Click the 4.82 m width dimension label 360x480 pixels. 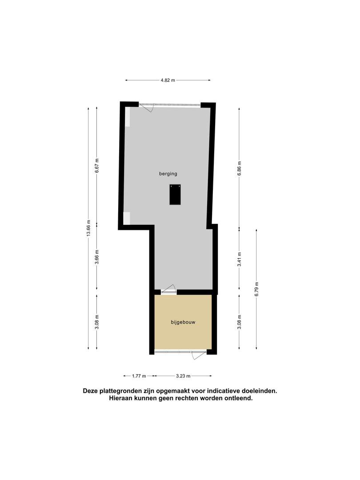click(x=168, y=80)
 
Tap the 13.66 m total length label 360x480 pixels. click(x=88, y=228)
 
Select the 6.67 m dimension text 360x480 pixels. click(x=97, y=166)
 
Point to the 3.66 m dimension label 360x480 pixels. click(x=97, y=259)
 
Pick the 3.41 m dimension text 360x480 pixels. click(x=240, y=259)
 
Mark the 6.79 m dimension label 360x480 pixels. click(x=256, y=289)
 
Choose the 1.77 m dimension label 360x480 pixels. click(x=139, y=376)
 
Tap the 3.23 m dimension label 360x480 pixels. click(x=183, y=376)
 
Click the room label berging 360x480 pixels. click(x=168, y=174)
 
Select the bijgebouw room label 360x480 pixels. click(x=183, y=322)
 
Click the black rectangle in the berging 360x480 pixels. click(x=175, y=194)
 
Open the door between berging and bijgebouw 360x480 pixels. click(x=169, y=290)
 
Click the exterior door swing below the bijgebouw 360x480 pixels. click(x=199, y=355)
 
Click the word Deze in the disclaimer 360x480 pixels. click(x=90, y=391)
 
